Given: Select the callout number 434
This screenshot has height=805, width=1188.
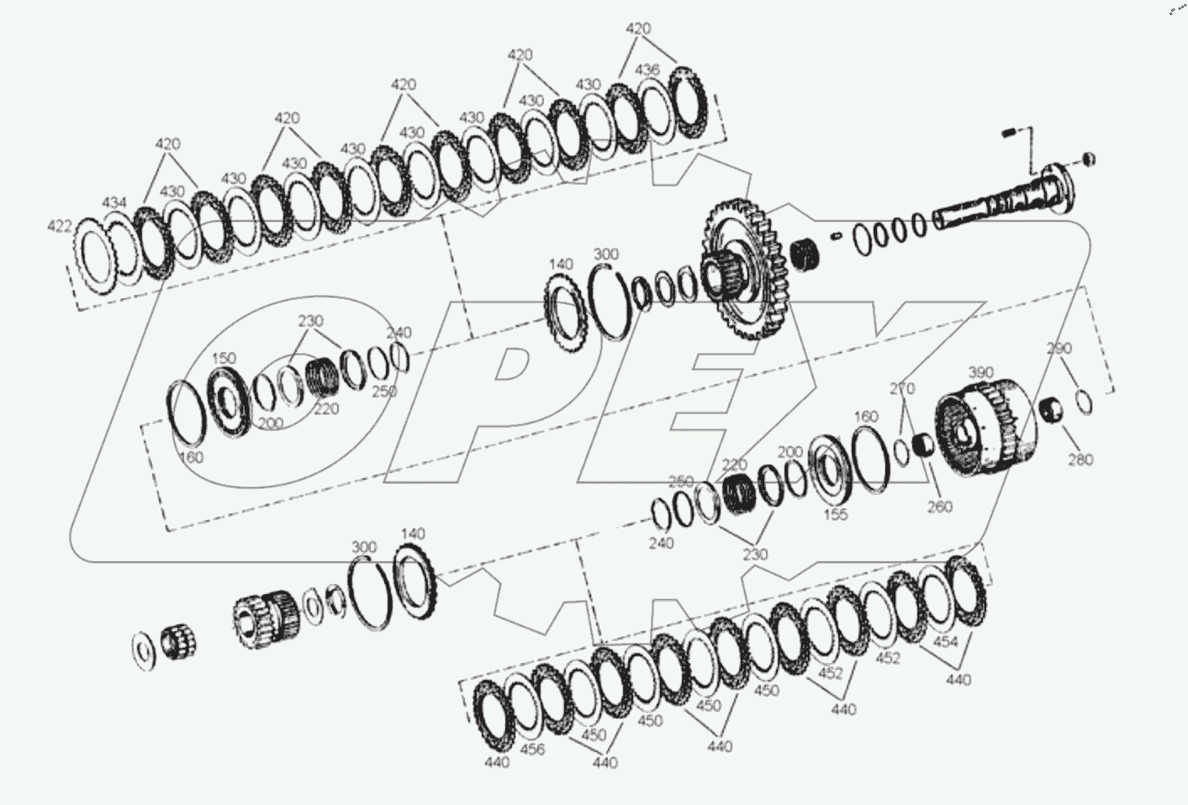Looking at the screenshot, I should (114, 203).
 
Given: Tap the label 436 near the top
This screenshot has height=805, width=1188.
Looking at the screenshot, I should (647, 69).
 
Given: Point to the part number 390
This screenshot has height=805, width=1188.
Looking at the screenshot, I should (981, 372).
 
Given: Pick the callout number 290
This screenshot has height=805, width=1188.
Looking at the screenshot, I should (1059, 348).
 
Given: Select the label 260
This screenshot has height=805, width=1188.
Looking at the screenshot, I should (939, 507).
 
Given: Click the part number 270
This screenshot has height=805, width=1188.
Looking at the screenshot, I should (902, 389).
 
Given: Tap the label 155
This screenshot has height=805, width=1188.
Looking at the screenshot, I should (835, 515).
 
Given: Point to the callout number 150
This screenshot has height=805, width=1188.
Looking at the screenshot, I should (223, 359).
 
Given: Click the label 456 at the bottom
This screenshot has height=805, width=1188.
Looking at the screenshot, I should (532, 750).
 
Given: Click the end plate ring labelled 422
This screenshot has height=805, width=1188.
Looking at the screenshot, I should (95, 256).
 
